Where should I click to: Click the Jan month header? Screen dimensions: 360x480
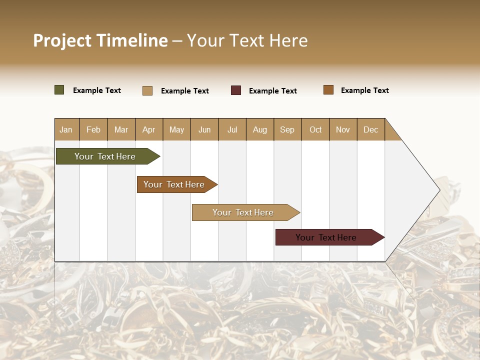pos(66,129)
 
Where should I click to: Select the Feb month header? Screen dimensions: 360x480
pos(93,129)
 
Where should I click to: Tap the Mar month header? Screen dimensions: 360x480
pos(121,129)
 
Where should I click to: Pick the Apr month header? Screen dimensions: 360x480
pos(149,129)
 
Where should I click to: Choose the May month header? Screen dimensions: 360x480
pos(176,129)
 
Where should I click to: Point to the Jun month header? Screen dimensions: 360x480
pos(204,129)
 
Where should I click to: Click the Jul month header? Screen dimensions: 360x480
pos(232,129)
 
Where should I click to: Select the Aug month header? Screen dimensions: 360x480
pos(260,129)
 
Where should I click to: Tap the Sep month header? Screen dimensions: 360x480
pos(287,129)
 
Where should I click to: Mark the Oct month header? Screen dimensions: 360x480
pos(315,129)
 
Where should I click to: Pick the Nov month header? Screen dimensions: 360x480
pos(343,129)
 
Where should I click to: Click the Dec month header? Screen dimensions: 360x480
pos(371,129)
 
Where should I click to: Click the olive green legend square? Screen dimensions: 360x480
pos(59,90)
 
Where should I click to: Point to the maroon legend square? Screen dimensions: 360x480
pos(236,90)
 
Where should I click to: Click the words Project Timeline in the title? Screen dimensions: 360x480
pos(100,40)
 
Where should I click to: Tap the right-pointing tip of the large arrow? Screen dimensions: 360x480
pos(438,190)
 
